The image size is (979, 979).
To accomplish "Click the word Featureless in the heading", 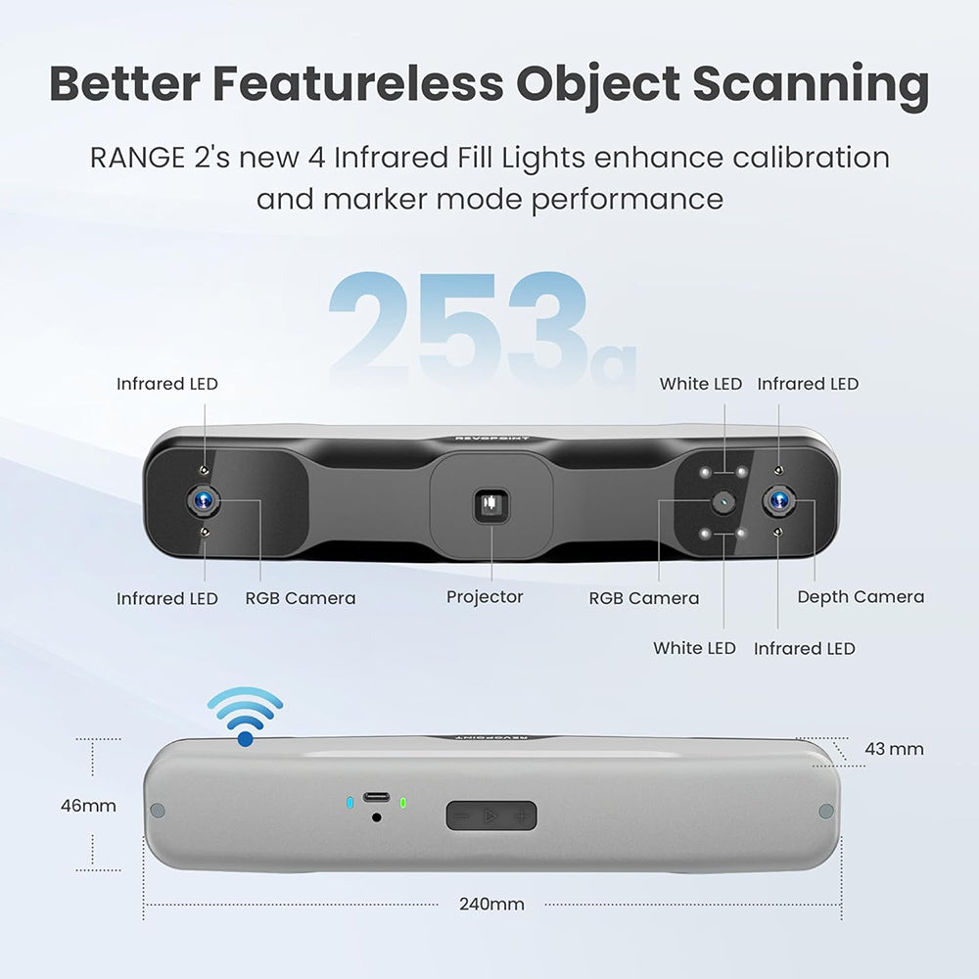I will click(x=359, y=84).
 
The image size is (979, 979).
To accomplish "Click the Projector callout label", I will click(x=485, y=597).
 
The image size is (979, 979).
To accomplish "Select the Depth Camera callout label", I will click(x=860, y=597).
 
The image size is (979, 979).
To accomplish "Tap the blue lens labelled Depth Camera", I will click(x=779, y=500).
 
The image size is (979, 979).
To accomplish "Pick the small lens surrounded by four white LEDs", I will click(x=723, y=500).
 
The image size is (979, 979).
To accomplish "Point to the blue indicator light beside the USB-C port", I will click(x=350, y=804).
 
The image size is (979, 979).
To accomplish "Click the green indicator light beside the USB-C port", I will click(x=402, y=804).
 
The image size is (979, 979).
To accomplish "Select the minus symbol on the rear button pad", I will click(x=462, y=815).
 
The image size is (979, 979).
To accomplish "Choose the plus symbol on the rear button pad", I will click(x=523, y=815).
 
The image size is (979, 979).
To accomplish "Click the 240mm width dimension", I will click(x=491, y=904).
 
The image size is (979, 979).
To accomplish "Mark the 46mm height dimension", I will click(x=88, y=806).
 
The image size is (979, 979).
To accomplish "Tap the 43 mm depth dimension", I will click(x=893, y=749).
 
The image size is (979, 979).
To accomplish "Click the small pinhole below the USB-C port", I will click(x=376, y=816).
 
